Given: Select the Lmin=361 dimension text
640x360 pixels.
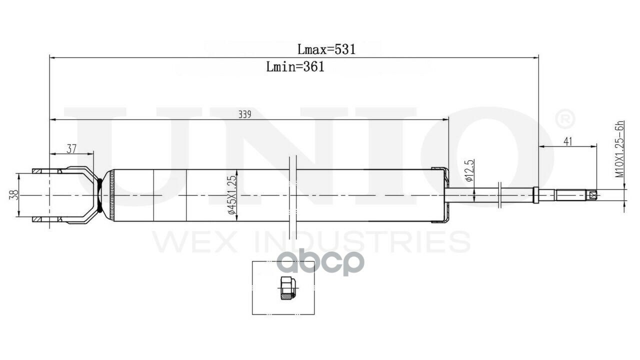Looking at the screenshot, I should (x=295, y=66).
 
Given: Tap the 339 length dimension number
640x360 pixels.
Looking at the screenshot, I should (x=244, y=114).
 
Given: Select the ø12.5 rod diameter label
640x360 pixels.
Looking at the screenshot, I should (x=468, y=171).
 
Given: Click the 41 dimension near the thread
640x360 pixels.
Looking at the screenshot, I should (x=567, y=141).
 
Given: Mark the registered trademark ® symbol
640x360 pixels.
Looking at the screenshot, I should (x=565, y=119).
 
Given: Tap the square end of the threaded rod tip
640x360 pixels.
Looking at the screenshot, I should (x=592, y=195).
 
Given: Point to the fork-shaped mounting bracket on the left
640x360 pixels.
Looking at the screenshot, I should (x=75, y=195).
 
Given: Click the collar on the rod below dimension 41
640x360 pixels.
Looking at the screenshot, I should (x=536, y=195).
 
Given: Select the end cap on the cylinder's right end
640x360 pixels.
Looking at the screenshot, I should (x=440, y=195).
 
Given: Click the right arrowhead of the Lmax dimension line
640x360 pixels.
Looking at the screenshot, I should (x=535, y=57).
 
